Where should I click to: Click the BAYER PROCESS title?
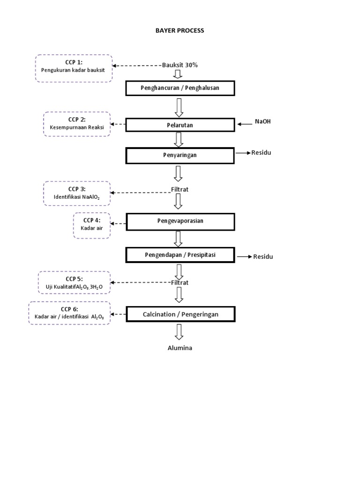tap(180, 30)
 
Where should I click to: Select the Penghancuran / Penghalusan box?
tap(180, 88)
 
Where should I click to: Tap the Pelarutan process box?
tap(180, 125)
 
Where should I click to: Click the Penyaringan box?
tap(180, 155)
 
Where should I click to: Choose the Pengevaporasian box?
tap(180, 221)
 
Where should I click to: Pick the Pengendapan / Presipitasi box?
tap(180, 255)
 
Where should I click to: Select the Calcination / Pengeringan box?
tap(180, 314)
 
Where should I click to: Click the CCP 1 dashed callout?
tap(74, 68)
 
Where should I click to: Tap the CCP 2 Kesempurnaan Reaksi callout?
tap(77, 124)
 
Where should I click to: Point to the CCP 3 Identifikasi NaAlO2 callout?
tap(77, 193)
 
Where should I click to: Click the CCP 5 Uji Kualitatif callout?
tap(75, 283)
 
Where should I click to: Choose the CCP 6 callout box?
tap(69, 313)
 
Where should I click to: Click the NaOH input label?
tap(262, 122)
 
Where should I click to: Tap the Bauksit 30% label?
tap(180, 65)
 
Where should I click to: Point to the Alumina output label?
tap(180, 348)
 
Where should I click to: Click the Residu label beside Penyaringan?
tap(262, 152)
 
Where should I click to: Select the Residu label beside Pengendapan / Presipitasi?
tap(263, 256)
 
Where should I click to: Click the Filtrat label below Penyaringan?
tap(180, 190)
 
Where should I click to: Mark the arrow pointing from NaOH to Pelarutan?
tap(245, 124)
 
